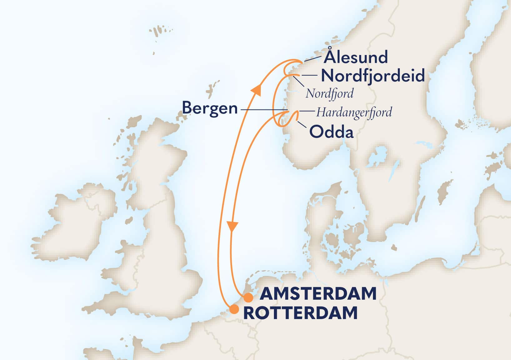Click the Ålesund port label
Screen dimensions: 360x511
tap(355, 57)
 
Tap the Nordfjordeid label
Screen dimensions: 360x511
tap(373, 76)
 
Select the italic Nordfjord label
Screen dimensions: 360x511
tap(330, 93)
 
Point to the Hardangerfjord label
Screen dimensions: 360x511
tap(354, 112)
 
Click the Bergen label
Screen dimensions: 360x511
tap(210, 108)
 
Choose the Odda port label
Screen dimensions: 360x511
tap(331, 132)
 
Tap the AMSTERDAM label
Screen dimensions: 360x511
tap(318, 294)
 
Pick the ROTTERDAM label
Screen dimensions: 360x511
tap(300, 313)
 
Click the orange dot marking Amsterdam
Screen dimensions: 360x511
tap(248, 298)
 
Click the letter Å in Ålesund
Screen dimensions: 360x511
tap(330, 56)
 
